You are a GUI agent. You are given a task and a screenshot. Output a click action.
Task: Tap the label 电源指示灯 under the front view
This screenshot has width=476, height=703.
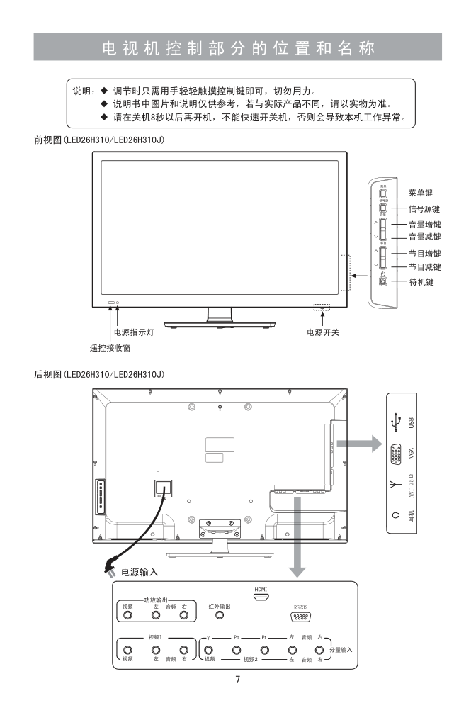point(135,332)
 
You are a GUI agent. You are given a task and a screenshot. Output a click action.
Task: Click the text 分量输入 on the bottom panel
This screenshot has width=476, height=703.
point(341,649)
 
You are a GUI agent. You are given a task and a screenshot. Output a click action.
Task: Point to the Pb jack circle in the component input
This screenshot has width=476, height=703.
point(237,649)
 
